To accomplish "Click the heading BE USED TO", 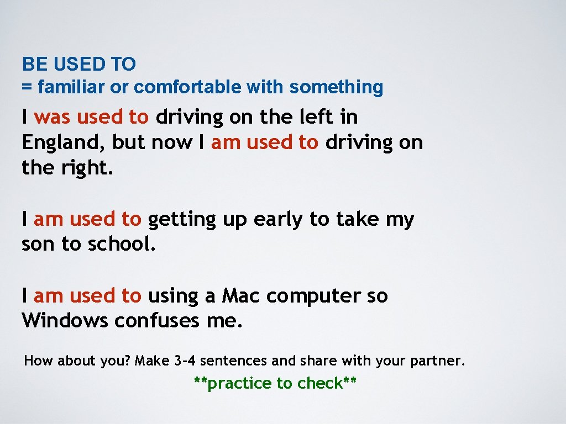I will tap(78, 65).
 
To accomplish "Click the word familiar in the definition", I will tap(71, 87).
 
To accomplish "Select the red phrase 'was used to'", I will tap(91, 117).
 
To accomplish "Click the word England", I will tap(61, 143).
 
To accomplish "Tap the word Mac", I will tap(241, 296).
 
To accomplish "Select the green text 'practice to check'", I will tap(275, 383).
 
